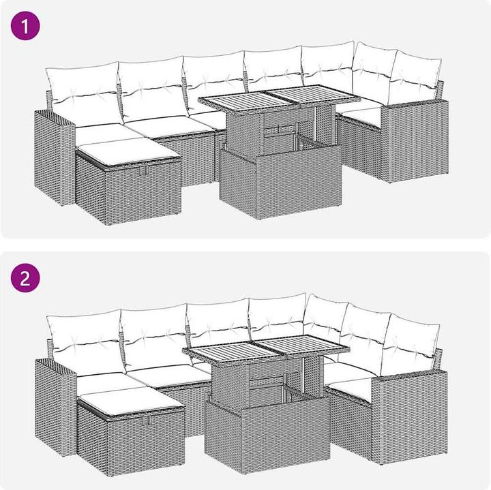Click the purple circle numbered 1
tap(25, 26)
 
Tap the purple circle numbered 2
tap(25, 278)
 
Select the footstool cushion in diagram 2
tap(131, 401)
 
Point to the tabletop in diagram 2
tap(266, 348)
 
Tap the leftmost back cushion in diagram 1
tap(84, 93)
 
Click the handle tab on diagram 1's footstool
tap(144, 170)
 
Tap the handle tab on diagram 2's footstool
tap(147, 421)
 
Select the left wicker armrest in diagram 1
tap(55, 157)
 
